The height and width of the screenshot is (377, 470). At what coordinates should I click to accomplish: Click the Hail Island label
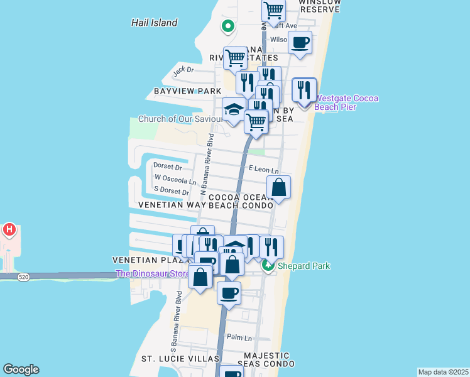[154, 23]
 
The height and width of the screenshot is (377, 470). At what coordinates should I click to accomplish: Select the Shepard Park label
[303, 266]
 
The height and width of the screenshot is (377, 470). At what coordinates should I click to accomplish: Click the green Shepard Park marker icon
[268, 266]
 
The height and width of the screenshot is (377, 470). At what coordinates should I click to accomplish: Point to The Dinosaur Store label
[153, 274]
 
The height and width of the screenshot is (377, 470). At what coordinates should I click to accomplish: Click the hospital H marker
[9, 230]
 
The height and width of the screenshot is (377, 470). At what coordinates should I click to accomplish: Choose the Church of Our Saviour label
[180, 119]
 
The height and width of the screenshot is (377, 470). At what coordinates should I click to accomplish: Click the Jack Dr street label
[183, 70]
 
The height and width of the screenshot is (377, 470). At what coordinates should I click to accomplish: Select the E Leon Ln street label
[263, 169]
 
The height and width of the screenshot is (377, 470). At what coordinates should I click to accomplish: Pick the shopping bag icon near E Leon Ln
[279, 187]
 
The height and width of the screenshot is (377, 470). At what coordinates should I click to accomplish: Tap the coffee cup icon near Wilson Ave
[300, 43]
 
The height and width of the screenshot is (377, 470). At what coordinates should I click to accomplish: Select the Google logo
[21, 369]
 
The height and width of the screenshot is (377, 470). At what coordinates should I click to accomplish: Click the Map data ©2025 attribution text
[443, 372]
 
